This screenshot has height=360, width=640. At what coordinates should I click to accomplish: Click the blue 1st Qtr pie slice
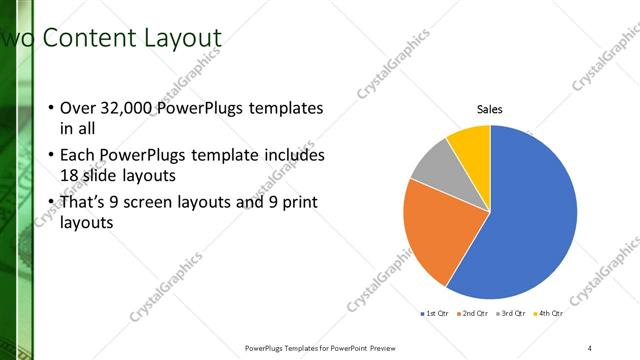530,220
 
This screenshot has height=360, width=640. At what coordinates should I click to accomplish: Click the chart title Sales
490,109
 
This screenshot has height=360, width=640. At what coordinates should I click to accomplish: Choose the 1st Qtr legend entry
434,314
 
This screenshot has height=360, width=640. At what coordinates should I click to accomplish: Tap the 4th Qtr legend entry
548,314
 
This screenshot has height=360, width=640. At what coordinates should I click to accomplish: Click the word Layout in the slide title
180,38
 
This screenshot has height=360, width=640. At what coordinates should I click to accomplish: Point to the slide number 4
590,347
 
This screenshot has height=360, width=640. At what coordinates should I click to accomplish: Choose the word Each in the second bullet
78,156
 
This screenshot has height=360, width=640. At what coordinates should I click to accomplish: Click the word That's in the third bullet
83,202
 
